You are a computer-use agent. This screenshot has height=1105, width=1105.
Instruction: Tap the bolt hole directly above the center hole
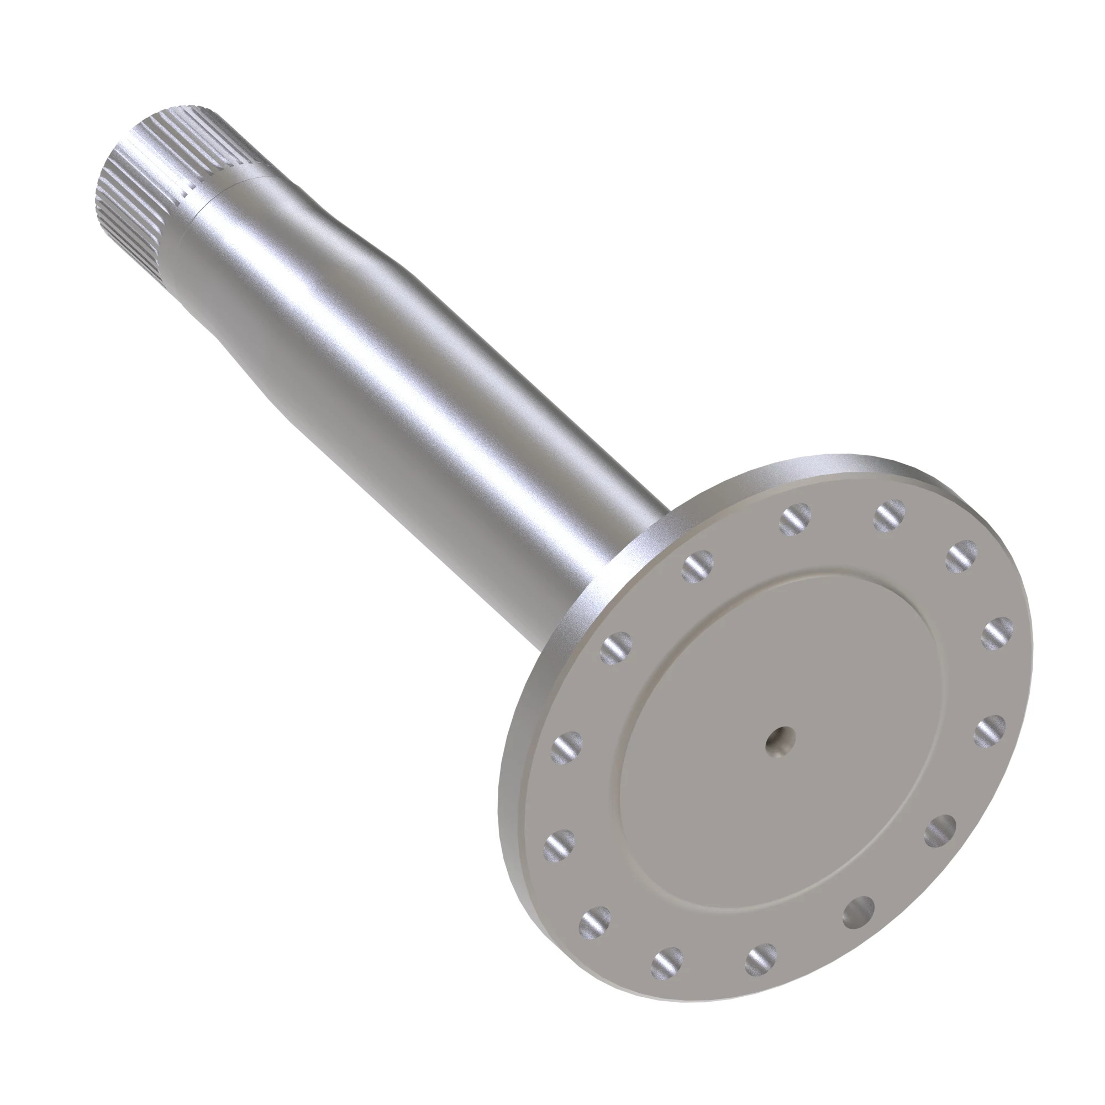tap(796, 519)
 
